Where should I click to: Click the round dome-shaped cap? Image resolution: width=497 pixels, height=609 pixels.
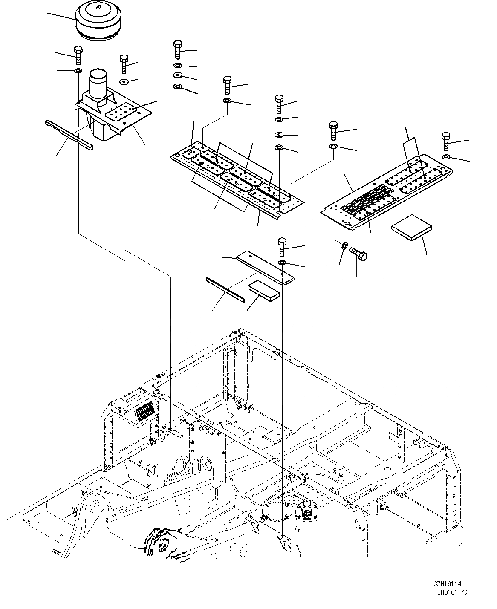[x=97, y=20]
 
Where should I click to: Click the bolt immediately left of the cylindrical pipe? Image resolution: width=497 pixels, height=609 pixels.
[x=78, y=55]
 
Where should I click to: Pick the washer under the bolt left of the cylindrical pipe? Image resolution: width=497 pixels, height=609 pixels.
[x=78, y=70]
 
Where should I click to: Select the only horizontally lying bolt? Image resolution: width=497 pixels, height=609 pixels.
[x=358, y=254]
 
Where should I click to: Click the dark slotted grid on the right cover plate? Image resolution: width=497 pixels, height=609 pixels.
[x=364, y=204]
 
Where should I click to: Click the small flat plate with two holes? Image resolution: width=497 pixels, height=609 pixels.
[x=265, y=267]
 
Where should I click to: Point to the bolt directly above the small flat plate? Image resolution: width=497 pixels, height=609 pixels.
[x=282, y=247]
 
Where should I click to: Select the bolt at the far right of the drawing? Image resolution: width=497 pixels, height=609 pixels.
[x=446, y=141]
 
